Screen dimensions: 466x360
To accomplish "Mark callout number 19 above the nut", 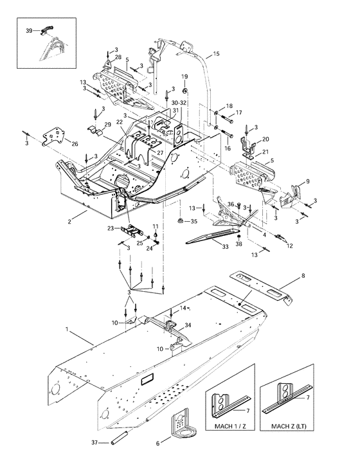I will pos(184,76).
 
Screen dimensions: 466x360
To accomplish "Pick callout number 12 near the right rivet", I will pos(289,246).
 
